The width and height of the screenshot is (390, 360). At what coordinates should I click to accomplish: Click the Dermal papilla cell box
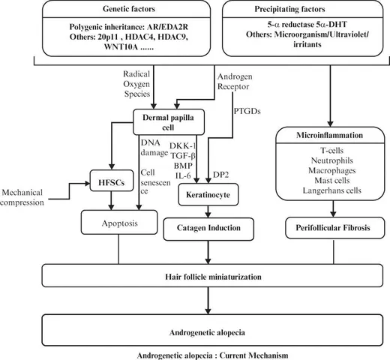coord(169,122)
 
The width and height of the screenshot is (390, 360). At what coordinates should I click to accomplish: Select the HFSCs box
coord(112,181)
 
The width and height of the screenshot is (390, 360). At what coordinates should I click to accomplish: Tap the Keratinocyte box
coord(208,194)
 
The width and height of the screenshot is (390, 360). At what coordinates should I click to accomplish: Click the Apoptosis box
coord(119,222)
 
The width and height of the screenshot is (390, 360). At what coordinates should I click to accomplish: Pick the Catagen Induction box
coord(208,229)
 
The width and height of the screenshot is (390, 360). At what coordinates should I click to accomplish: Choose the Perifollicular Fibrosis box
coord(334,228)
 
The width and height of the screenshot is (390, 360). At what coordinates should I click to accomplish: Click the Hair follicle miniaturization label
coord(213,277)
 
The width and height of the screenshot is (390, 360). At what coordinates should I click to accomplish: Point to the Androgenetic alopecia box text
coord(207,332)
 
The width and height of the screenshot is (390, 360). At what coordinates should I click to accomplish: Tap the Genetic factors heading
coord(129,9)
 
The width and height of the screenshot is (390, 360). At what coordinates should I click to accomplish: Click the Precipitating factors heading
coord(289,9)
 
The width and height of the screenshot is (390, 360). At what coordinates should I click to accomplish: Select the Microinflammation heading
coord(329,135)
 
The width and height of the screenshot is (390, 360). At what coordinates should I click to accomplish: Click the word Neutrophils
coord(332,160)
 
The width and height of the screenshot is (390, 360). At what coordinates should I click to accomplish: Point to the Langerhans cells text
coord(332,190)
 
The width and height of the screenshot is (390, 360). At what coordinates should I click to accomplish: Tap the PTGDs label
coord(247,111)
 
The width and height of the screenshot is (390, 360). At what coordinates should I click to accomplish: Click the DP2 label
coord(220,175)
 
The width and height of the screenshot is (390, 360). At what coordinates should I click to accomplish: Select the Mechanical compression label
coord(22,197)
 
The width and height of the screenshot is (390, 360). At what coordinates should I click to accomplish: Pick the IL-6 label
coord(183,175)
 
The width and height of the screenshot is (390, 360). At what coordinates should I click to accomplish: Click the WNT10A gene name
coord(121,46)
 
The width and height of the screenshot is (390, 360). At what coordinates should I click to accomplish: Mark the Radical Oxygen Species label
coord(136,84)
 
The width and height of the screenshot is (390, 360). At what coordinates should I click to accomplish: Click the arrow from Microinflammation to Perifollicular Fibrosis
coord(333,208)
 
